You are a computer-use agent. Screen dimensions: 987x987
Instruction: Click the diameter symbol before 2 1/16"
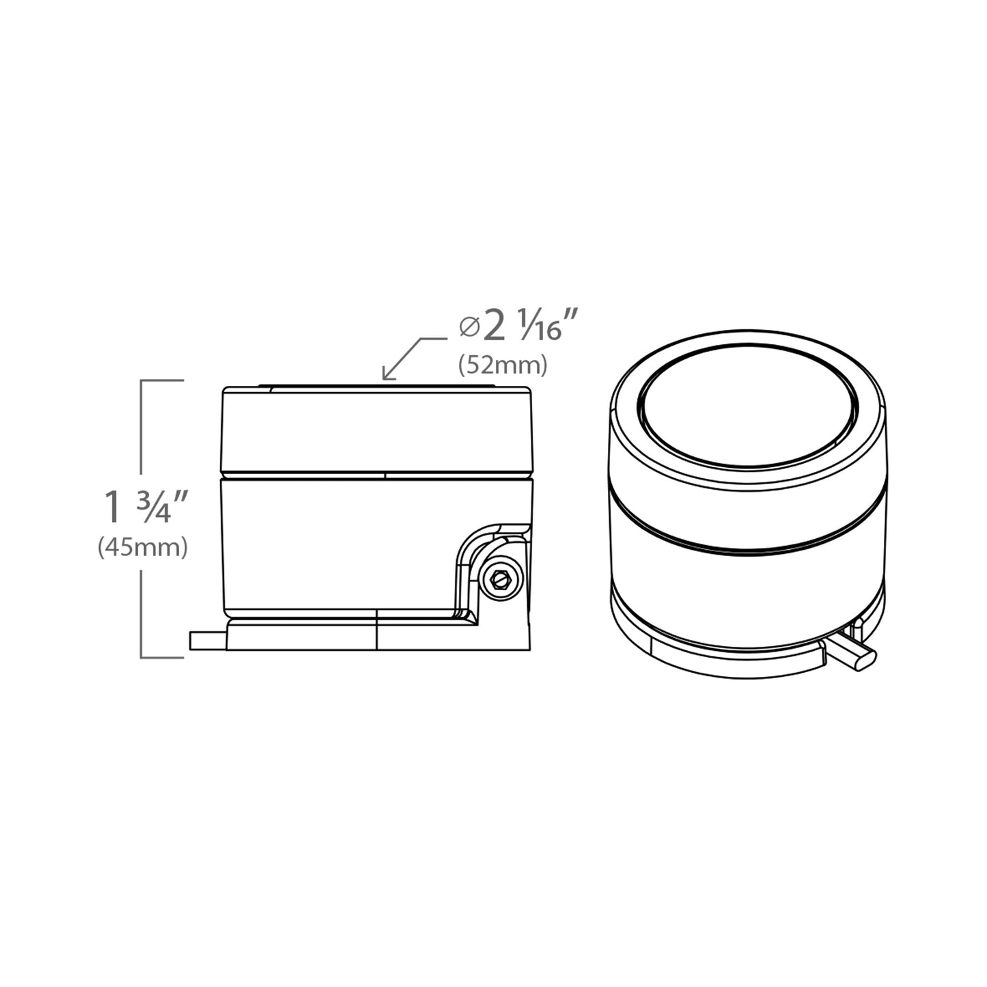(469, 327)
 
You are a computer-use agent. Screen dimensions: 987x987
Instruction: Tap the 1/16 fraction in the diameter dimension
(540, 325)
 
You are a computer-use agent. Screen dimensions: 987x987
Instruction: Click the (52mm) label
(503, 365)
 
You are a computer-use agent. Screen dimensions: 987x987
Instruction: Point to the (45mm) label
(142, 548)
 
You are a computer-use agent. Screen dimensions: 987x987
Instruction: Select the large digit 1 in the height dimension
(113, 507)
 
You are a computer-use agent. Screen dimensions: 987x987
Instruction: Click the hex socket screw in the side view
(501, 580)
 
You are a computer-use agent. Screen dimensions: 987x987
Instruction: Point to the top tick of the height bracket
(162, 380)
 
